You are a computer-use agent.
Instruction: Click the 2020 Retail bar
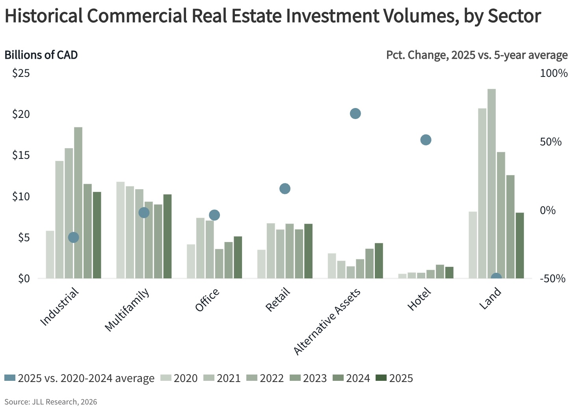tap(261, 264)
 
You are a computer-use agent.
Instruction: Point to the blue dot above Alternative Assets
tap(355, 114)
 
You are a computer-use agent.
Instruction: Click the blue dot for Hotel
tap(426, 140)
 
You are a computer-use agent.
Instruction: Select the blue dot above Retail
tap(285, 189)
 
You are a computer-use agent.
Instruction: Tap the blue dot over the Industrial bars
tap(74, 237)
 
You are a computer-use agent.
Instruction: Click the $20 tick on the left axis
tap(21, 114)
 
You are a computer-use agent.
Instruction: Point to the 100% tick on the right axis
tap(553, 73)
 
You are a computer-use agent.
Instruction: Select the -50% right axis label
tap(553, 279)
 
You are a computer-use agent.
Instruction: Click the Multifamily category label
tap(127, 310)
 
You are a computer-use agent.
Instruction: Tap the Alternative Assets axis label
tap(327, 322)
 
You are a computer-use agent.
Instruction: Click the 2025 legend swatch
tap(381, 378)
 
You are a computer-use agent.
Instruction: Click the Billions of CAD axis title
tap(41, 55)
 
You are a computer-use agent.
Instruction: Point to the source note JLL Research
tap(50, 402)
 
